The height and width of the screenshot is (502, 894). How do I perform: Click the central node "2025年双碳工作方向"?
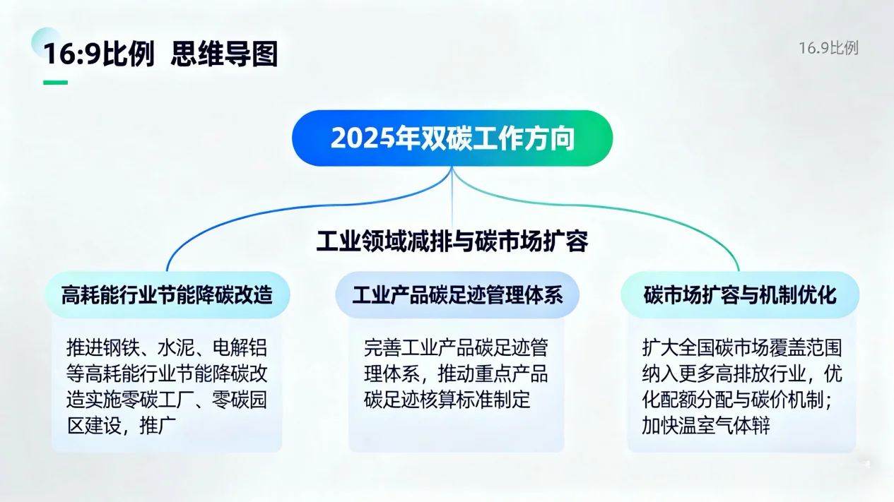point(452,138)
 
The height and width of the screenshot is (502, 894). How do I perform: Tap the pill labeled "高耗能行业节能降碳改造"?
point(167,294)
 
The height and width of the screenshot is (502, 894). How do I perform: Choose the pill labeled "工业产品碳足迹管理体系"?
point(457,294)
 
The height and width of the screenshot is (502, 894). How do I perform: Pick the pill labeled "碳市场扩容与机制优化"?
point(740,294)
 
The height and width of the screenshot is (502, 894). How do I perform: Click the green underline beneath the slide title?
point(55,83)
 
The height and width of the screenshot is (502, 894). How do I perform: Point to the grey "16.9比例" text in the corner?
point(828,48)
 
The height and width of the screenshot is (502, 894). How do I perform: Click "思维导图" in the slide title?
point(224,54)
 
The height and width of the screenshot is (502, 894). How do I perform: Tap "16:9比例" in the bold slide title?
point(99,54)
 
